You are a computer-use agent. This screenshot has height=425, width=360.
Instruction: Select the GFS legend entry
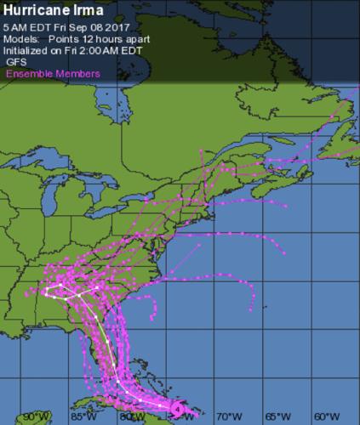(16, 62)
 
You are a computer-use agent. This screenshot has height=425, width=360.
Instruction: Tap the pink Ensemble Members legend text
(53, 74)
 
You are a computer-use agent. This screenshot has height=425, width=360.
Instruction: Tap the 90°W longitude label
(36, 416)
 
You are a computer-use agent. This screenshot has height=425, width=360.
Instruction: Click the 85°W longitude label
(83, 416)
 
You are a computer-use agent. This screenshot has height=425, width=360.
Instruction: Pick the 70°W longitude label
(227, 416)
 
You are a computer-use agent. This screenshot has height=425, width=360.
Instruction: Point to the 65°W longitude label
(275, 416)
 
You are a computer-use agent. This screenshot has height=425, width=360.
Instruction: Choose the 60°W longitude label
(323, 416)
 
